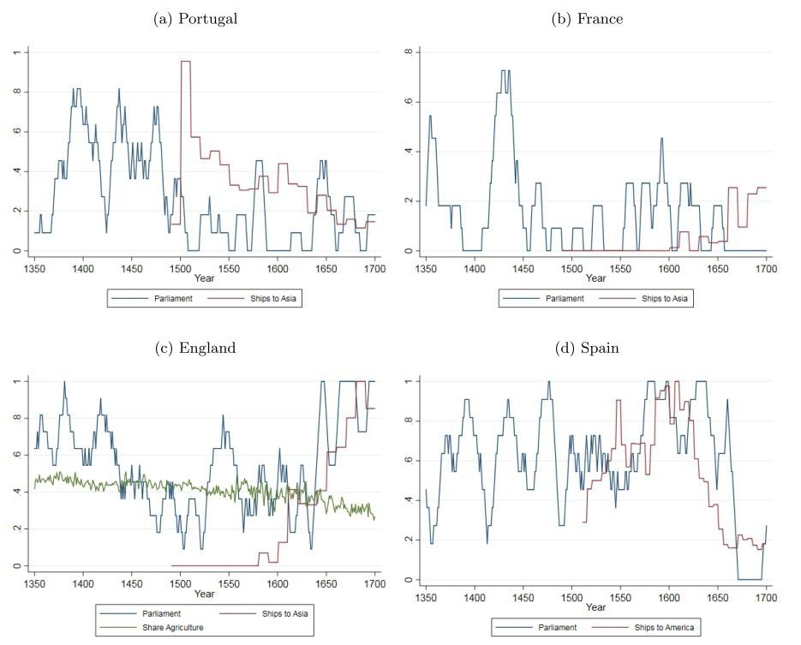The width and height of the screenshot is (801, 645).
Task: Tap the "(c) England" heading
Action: click(x=195, y=348)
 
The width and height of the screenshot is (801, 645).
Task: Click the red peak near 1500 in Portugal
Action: click(x=185, y=62)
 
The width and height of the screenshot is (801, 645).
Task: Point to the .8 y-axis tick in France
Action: click(x=409, y=52)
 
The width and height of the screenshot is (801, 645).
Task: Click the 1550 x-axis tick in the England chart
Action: click(x=229, y=583)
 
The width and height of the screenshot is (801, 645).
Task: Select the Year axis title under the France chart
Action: click(x=595, y=278)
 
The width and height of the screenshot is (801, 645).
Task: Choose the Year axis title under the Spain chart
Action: click(x=595, y=607)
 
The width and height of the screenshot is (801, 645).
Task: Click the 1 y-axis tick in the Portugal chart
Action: click(x=16, y=52)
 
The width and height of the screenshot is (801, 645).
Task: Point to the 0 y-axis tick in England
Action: click(x=16, y=565)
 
